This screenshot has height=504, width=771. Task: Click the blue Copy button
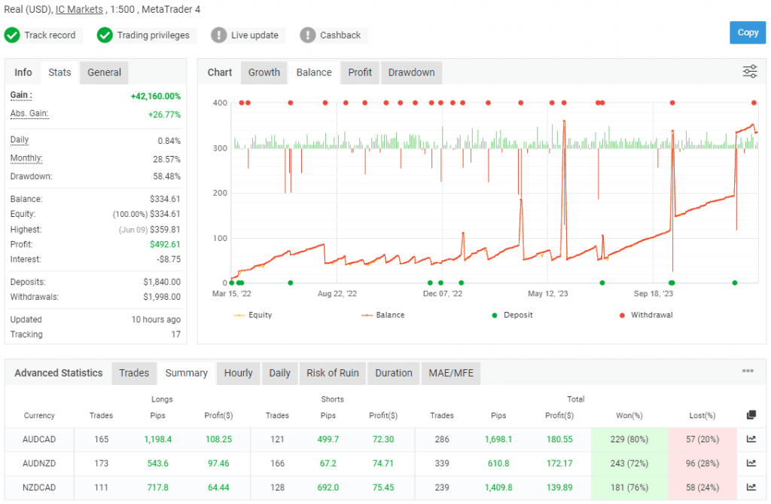pyautogui.click(x=747, y=32)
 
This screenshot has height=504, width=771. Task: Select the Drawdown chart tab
pyautogui.click(x=411, y=72)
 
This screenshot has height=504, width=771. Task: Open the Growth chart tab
pyautogui.click(x=264, y=72)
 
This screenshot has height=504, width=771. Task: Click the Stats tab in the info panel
pyautogui.click(x=59, y=72)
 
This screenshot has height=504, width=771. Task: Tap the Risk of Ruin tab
pyautogui.click(x=332, y=373)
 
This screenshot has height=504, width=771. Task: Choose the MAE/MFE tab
pyautogui.click(x=450, y=373)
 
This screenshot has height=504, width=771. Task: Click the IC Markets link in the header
pyautogui.click(x=79, y=10)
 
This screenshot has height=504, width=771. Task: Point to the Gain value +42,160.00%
pyautogui.click(x=155, y=96)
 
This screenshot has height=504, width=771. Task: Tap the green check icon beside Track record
pyautogui.click(x=12, y=35)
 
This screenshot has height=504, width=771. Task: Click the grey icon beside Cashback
pyautogui.click(x=307, y=35)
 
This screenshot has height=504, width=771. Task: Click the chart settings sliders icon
pyautogui.click(x=750, y=72)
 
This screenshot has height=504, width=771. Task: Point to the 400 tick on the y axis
pyautogui.click(x=220, y=102)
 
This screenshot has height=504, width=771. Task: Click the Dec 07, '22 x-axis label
pyautogui.click(x=443, y=294)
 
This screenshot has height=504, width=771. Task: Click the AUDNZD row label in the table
pyautogui.click(x=39, y=464)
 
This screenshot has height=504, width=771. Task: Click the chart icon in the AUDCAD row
pyautogui.click(x=751, y=439)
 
